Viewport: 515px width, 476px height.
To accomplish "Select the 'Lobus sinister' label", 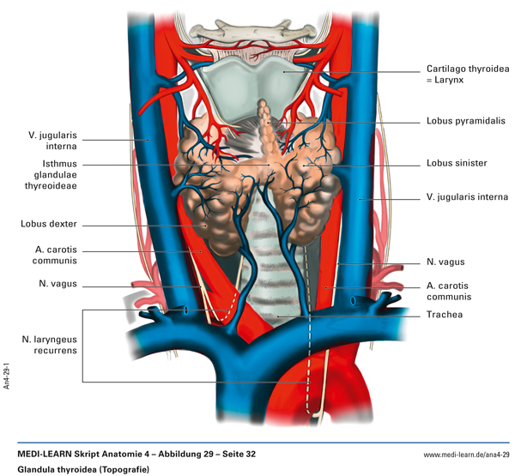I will pyautogui.click(x=457, y=163).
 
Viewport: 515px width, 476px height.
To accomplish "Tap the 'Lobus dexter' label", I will pyautogui.click(x=49, y=224).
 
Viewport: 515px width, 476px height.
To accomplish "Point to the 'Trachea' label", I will pyautogui.click(x=444, y=315).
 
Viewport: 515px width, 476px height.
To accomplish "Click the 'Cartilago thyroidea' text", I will pyautogui.click(x=466, y=68).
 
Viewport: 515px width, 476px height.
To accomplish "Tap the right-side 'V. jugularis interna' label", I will pyautogui.click(x=466, y=197).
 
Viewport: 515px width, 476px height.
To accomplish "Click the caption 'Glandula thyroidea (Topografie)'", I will pyautogui.click(x=82, y=469).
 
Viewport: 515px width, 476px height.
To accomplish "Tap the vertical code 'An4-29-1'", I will pyautogui.click(x=7, y=374).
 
